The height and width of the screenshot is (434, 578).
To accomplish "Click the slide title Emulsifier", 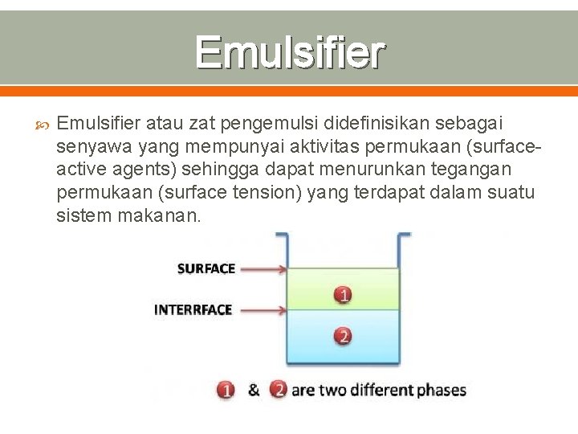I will point(290,53).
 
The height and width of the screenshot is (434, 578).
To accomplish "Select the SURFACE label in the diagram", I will point(206,268).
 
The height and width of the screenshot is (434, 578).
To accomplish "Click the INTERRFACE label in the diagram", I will point(193,309).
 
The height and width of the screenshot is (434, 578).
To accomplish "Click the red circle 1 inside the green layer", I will point(344,296).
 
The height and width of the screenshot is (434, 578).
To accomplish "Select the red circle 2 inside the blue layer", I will point(344,336).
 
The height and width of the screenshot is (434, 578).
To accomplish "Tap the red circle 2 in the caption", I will point(279,391).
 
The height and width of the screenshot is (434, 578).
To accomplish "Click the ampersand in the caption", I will point(254,391).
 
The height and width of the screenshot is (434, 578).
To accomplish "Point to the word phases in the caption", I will point(441,391).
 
